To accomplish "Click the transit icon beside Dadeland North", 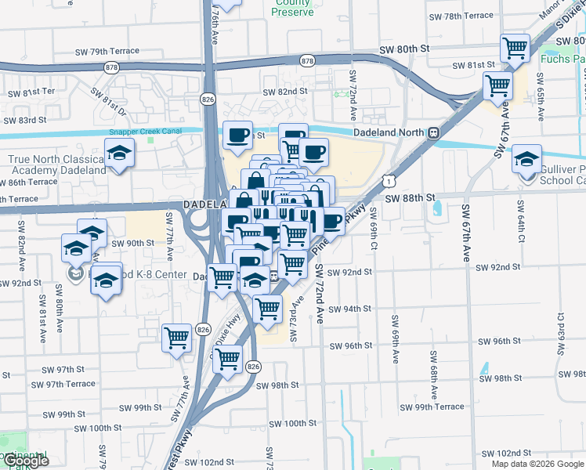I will tap(433, 133).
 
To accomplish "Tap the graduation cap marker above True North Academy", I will tap(119, 153).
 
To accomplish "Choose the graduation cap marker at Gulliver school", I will tap(527, 158).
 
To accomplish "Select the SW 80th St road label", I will tap(405, 49).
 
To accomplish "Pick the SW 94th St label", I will tap(349, 309).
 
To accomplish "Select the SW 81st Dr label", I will tap(107, 100).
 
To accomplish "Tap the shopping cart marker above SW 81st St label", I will tap(515, 49).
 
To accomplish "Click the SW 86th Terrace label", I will tap(29, 181).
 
